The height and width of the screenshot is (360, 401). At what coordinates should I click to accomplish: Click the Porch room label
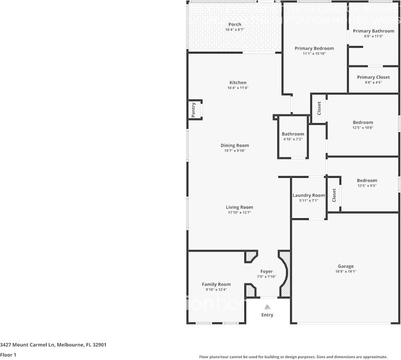pos(235,24)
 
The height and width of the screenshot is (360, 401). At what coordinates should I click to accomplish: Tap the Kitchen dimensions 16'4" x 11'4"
pos(238,88)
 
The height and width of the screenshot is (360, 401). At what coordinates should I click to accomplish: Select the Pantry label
pos(194,110)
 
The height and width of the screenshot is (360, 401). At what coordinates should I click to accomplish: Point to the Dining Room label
pos(235,145)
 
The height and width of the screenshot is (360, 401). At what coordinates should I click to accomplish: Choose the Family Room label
pos(216,284)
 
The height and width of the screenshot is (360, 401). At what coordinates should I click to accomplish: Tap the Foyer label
pos(266,271)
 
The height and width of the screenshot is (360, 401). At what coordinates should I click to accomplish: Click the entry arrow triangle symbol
pos(267,307)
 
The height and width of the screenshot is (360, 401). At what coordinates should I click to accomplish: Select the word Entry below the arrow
pos(267,315)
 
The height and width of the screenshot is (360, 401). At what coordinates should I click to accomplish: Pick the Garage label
pos(346,266)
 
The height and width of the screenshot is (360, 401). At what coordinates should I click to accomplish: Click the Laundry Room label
pos(309,195)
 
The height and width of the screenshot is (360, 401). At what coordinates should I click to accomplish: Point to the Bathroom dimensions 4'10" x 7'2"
pos(293,139)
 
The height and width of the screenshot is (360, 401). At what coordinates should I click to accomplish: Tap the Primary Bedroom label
pos(314,48)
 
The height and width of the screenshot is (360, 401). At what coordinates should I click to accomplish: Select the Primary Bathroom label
pos(373,31)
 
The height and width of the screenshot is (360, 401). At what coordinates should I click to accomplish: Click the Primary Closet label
pos(373,77)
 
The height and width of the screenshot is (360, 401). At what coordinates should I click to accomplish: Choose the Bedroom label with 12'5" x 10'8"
pos(363,122)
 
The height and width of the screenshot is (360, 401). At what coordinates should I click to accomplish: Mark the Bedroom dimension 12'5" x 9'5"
pos(367,186)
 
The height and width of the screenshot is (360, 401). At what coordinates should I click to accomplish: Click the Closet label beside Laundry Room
pos(334,195)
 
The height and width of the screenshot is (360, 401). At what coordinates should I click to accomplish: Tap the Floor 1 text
pos(8,355)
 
